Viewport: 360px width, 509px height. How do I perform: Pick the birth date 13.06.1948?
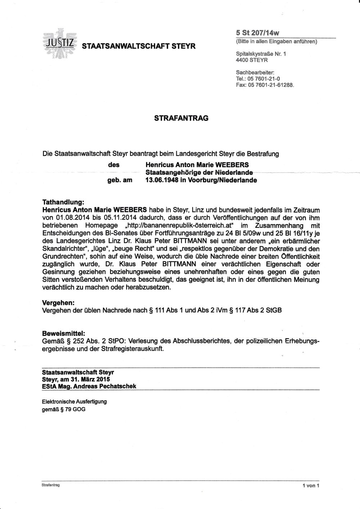pos(161,180)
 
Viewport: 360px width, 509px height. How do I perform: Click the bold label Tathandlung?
pos(63,203)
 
